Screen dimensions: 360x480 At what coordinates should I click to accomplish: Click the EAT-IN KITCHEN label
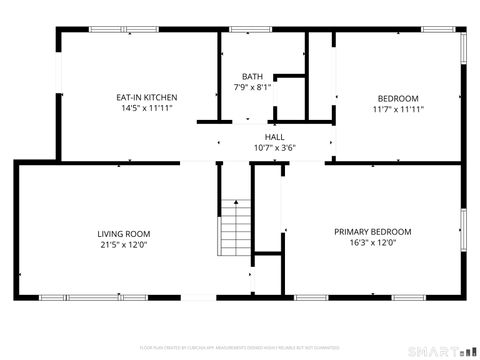tap(147, 97)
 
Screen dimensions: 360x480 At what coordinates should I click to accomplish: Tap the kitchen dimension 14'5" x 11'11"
tap(147, 108)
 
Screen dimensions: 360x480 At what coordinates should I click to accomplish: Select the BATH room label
tap(252, 76)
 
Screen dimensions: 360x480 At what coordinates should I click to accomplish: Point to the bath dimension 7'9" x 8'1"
tap(252, 87)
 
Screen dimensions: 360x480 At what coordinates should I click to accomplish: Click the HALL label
tap(274, 137)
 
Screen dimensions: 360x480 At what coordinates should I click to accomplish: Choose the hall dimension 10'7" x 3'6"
tap(274, 148)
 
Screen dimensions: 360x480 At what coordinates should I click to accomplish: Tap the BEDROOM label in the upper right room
tap(397, 98)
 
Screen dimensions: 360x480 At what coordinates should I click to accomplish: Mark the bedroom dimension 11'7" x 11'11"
tap(397, 109)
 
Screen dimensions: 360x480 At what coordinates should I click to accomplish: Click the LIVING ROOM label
tap(123, 233)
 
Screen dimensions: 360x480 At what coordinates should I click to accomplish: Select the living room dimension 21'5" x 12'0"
tap(123, 244)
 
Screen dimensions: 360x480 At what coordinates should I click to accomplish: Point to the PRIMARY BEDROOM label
tap(372, 232)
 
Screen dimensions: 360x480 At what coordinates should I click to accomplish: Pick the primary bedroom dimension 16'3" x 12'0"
tap(372, 243)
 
